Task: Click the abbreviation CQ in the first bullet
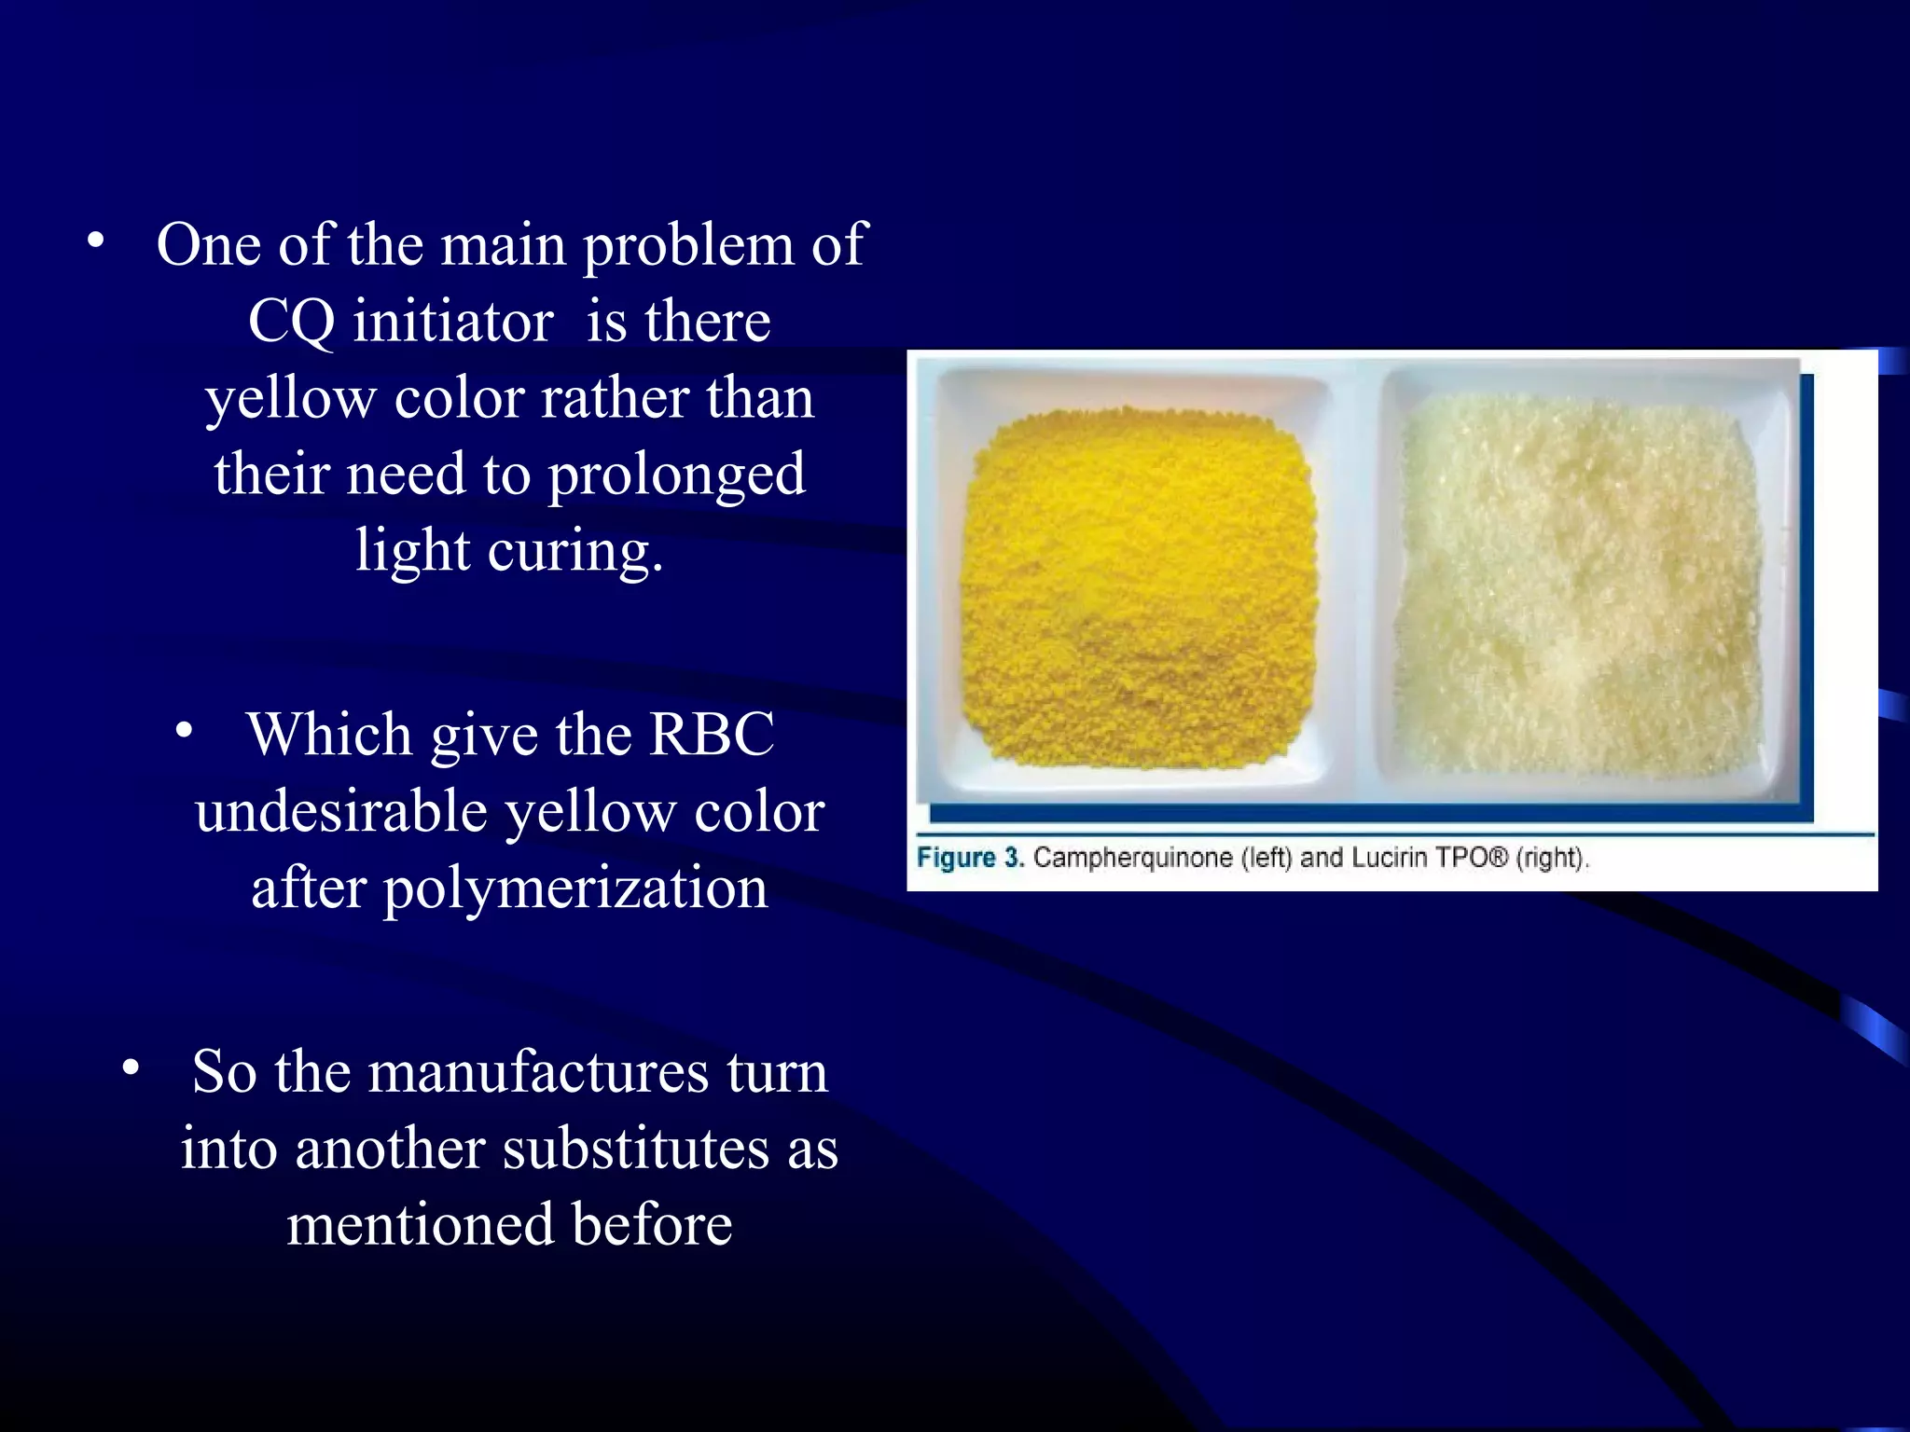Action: (x=290, y=323)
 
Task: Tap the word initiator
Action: (x=453, y=322)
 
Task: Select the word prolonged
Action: (x=676, y=475)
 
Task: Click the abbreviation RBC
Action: (x=712, y=735)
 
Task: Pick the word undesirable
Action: (x=341, y=811)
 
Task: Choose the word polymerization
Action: (x=575, y=888)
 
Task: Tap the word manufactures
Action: (x=538, y=1072)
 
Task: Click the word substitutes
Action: (x=636, y=1149)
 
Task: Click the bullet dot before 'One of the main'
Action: (x=95, y=241)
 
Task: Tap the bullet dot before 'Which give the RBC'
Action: (x=185, y=731)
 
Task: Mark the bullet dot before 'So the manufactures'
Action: (x=131, y=1068)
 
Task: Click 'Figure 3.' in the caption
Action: (x=970, y=858)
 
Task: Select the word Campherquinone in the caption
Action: (x=1133, y=858)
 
